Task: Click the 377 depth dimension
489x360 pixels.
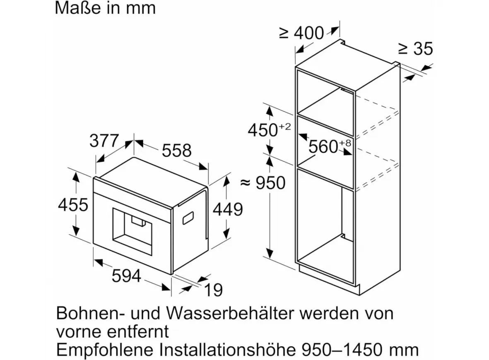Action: coord(104,141)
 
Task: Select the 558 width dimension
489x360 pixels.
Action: coord(176,151)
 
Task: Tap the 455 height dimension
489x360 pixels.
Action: coord(73,205)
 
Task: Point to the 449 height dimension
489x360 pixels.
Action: coord(228,209)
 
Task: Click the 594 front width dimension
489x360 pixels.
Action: coord(126,276)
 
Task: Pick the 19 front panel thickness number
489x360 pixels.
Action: coord(213,290)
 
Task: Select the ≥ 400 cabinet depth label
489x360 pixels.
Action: coord(301,33)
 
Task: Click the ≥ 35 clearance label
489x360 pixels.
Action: coord(416,49)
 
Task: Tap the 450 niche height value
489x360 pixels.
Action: coord(263,130)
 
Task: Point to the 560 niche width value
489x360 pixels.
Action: coord(323,146)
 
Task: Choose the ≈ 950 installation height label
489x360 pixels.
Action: coord(263,182)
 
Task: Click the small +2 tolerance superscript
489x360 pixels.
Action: coord(284,126)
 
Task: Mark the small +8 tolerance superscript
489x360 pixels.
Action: coord(345,143)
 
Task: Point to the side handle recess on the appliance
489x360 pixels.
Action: coord(188,218)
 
